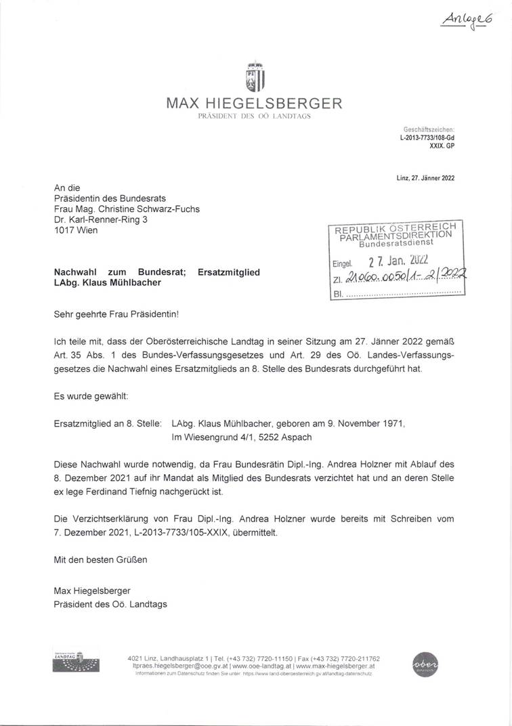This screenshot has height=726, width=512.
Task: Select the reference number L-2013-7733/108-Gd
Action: click(x=427, y=136)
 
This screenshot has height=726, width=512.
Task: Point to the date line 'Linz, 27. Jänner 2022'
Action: click(x=425, y=179)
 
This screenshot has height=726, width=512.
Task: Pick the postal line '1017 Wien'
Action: click(x=75, y=231)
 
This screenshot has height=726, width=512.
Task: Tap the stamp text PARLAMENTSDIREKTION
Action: click(x=397, y=234)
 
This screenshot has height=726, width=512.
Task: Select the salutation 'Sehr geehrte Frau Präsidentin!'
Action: click(x=117, y=315)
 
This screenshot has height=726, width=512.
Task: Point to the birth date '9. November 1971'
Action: click(x=354, y=423)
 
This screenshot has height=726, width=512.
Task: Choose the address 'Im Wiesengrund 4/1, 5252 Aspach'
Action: click(x=242, y=437)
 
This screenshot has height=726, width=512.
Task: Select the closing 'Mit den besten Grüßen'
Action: click(x=100, y=560)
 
